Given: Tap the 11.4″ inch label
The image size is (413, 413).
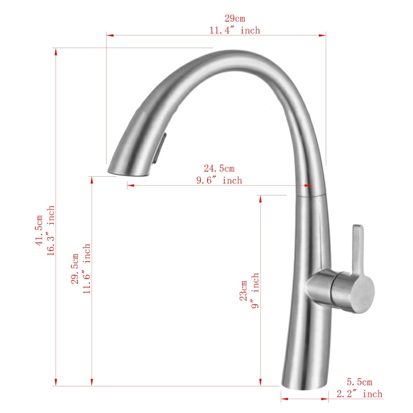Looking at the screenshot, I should click(235, 30).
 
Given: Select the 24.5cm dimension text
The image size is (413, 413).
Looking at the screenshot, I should click(219, 168).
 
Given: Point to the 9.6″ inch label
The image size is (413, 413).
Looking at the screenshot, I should click(219, 180).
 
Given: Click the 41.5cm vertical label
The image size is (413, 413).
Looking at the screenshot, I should click(39, 230).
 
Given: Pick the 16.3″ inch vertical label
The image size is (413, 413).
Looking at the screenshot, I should click(51, 230).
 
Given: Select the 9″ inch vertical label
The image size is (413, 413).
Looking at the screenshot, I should click(256, 291).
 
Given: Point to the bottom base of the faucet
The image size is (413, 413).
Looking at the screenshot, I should click(304, 383).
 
